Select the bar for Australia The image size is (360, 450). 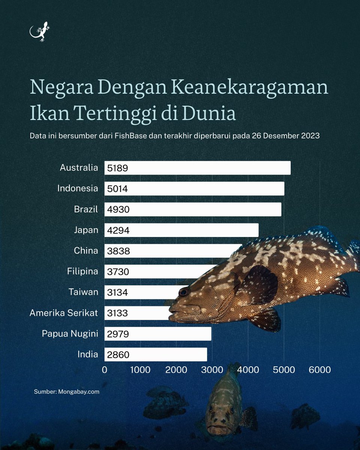click(x=197, y=168)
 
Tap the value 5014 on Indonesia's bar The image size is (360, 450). click(x=117, y=189)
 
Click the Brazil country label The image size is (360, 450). click(x=86, y=209)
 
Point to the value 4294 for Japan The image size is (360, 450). click(x=118, y=230)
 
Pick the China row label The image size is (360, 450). click(x=86, y=250)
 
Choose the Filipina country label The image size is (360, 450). click(x=82, y=271)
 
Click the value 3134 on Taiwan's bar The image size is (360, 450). click(x=117, y=292)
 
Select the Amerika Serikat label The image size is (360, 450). click(x=64, y=313)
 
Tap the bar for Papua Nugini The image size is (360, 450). click(x=157, y=334)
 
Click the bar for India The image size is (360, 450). click(x=156, y=354)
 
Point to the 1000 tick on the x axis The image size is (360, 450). click(x=140, y=370)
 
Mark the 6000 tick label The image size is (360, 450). click(x=319, y=370)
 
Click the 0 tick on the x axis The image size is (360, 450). click(x=105, y=370)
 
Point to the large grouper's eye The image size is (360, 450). click(x=184, y=291)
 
